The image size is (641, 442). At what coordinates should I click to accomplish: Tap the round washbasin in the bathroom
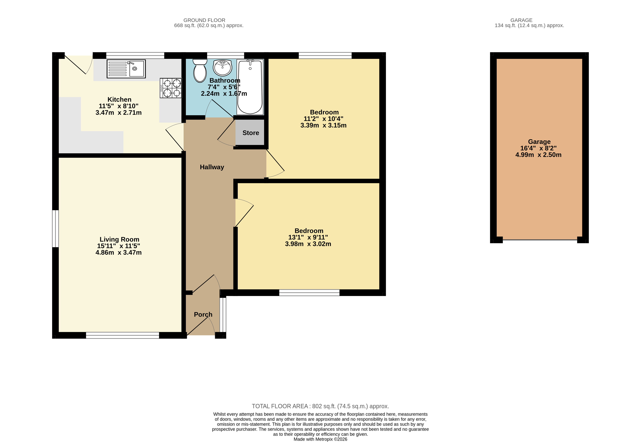(x=222, y=68)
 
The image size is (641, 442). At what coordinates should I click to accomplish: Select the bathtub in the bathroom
(x=250, y=87)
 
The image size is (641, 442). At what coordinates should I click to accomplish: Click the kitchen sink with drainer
(x=126, y=69)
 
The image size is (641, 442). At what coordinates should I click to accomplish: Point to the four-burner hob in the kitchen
(x=171, y=88)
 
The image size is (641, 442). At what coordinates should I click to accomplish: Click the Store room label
(x=251, y=133)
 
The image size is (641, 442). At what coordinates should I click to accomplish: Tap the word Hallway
(x=212, y=167)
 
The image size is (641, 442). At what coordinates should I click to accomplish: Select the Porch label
(x=203, y=315)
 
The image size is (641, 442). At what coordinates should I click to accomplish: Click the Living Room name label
(x=119, y=239)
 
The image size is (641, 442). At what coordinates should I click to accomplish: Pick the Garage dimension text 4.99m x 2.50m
(x=538, y=155)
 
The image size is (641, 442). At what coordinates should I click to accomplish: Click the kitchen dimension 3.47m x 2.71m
(x=118, y=113)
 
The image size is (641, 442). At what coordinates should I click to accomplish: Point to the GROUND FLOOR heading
(x=204, y=20)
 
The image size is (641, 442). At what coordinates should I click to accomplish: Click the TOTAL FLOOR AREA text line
(x=320, y=406)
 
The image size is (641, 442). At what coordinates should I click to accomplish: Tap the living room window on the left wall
(x=55, y=228)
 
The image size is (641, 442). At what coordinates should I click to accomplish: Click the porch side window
(x=223, y=315)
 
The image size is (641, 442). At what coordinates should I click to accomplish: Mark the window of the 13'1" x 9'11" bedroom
(x=309, y=293)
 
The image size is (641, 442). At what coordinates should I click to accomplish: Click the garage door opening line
(x=540, y=240)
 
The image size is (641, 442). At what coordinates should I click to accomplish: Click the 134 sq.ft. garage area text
(x=529, y=25)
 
